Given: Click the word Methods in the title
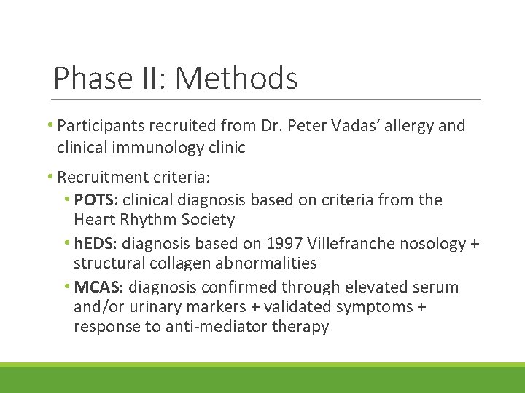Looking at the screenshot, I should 237,78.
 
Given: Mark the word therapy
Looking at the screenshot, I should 300,327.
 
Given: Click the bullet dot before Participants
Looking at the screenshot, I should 52,126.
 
